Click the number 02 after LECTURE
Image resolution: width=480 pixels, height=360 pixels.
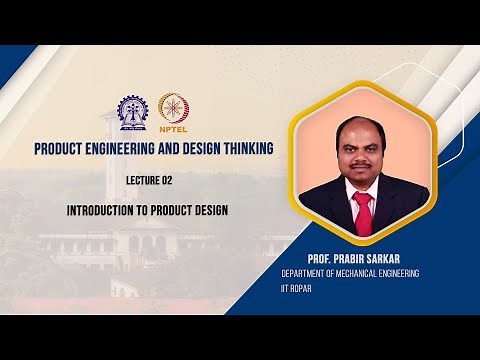point(180,182)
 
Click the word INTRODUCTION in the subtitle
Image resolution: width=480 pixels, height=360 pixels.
point(105,211)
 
